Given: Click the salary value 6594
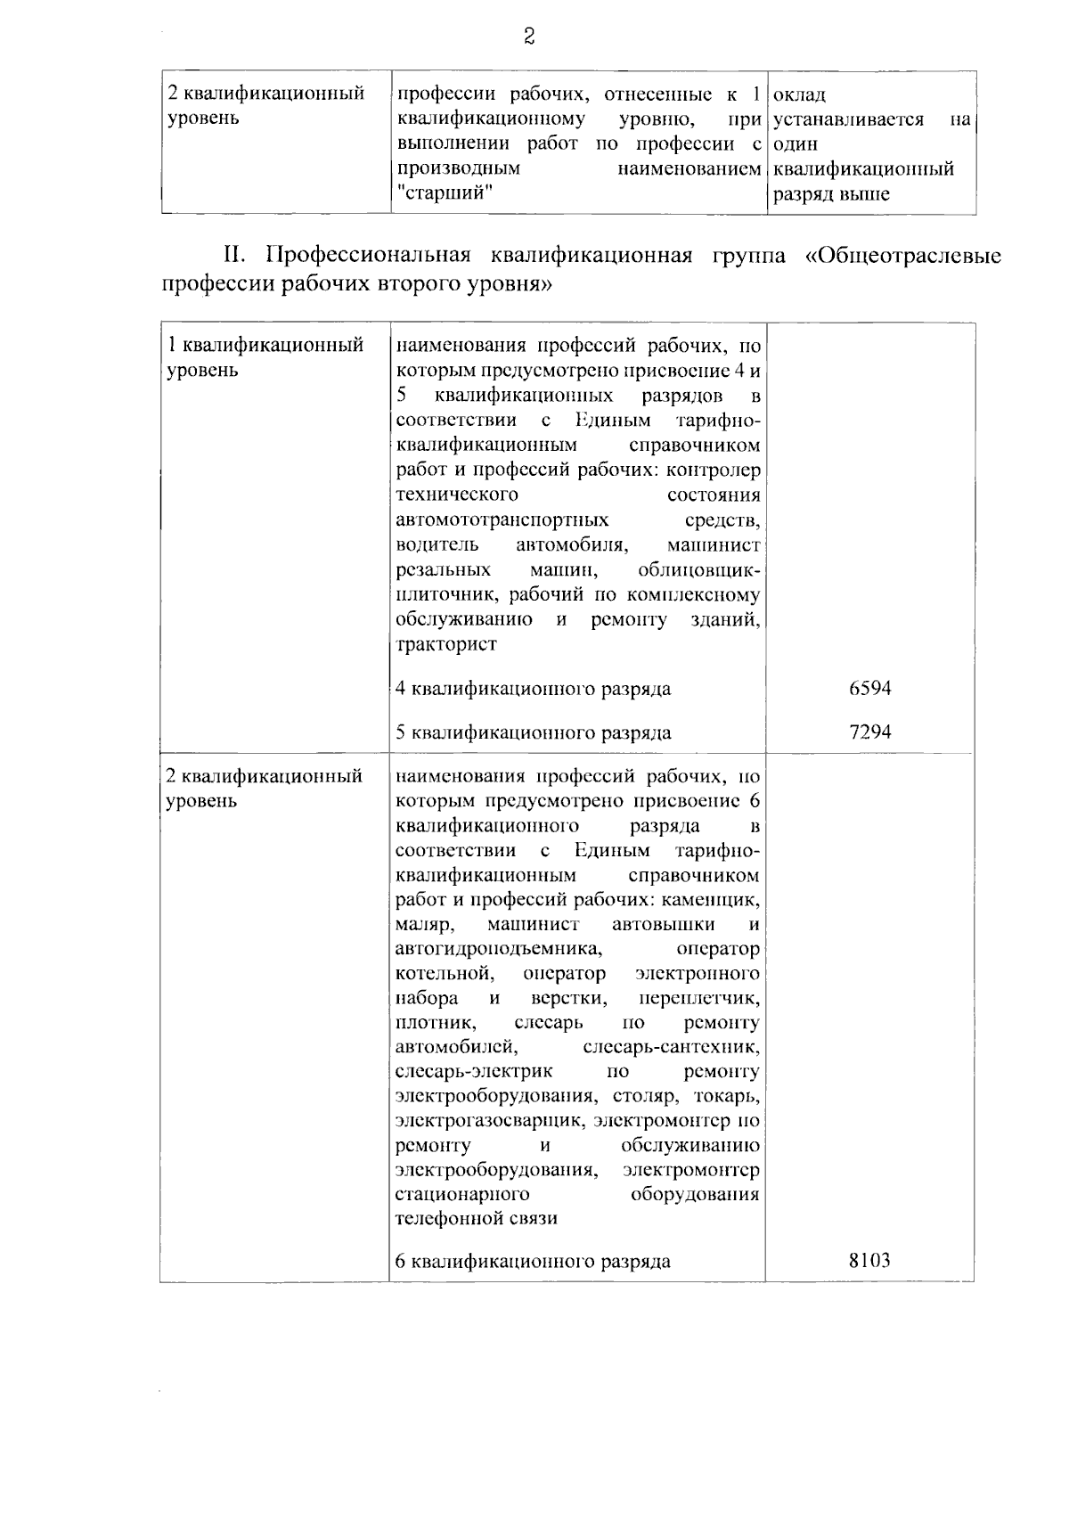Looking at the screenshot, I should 870,688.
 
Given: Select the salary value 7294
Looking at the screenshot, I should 870,732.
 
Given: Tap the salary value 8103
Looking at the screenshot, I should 869,1261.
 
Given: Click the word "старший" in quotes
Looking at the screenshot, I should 445,193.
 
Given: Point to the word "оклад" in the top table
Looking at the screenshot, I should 800,94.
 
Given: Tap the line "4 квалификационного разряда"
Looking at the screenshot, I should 533,689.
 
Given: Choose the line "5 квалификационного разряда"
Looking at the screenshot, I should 533,733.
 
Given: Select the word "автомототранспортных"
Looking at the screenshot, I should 502,519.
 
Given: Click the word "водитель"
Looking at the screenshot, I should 437,544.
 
